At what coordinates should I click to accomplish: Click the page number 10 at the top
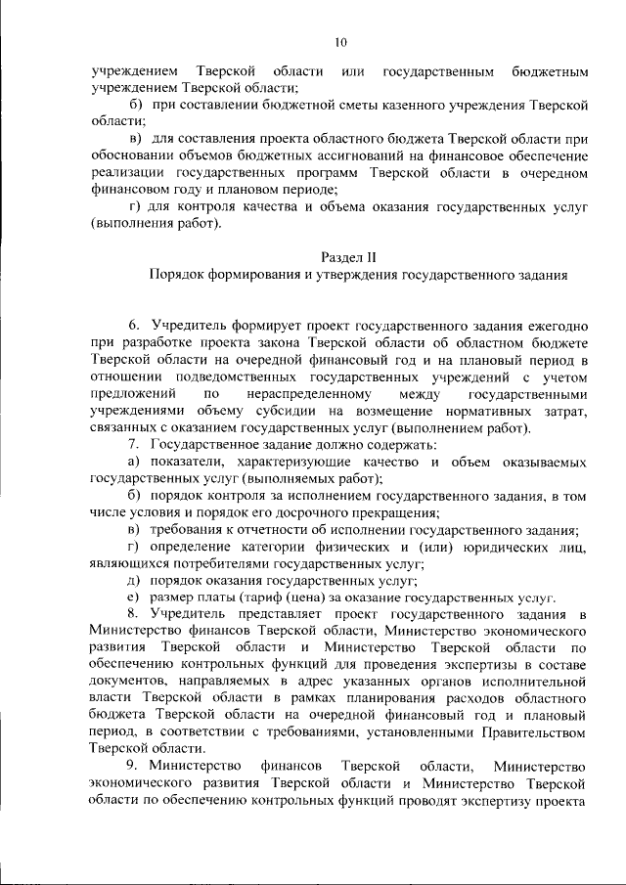[x=339, y=42]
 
